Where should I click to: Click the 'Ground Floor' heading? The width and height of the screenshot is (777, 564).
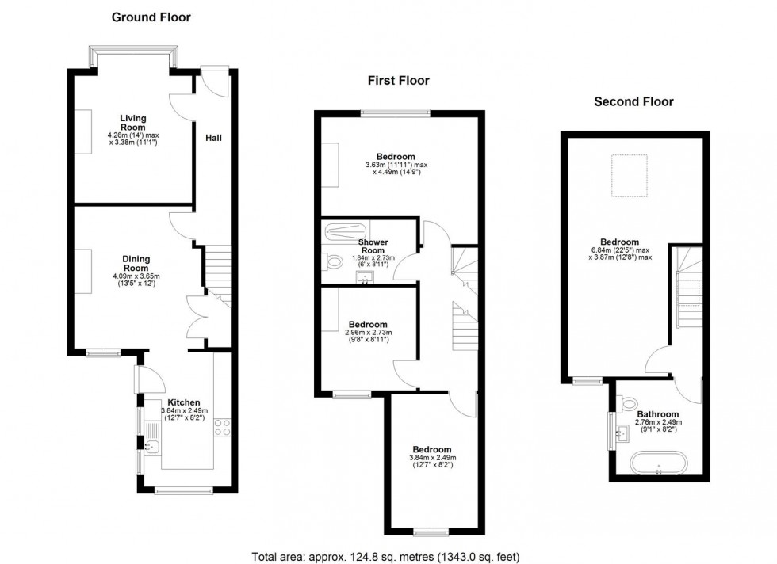(x=151, y=17)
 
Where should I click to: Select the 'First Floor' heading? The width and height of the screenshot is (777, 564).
(x=398, y=80)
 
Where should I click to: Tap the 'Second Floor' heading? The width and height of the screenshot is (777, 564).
(x=633, y=101)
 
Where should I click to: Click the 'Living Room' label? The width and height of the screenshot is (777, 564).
(x=133, y=123)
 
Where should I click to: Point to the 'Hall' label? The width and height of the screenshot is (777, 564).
(x=214, y=138)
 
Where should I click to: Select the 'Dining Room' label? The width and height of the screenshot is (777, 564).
(x=136, y=264)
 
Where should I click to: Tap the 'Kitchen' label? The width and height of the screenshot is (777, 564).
(x=184, y=402)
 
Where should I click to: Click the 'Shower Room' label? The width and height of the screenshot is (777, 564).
(x=372, y=246)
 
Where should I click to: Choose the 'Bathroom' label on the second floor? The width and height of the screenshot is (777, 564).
(x=657, y=414)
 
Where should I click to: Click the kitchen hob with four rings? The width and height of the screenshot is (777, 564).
(x=222, y=427)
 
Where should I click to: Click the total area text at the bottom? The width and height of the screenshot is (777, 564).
(x=386, y=555)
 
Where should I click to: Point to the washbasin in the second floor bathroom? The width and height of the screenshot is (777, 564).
(x=622, y=432)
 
